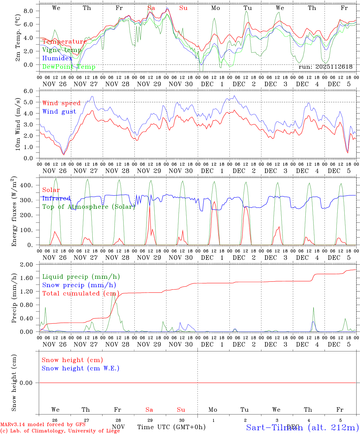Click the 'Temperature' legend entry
tap(64, 42)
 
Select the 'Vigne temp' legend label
tap(62, 50)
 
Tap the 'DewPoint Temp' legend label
tap(69, 67)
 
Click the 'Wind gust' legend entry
tap(59, 112)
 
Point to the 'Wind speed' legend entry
tap(62, 103)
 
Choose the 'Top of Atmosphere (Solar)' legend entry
tap(89, 207)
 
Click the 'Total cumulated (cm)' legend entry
tap(81, 293)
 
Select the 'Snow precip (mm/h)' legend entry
tap(79, 285)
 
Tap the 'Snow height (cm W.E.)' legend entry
tap(81, 368)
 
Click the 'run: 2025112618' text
tap(325, 67)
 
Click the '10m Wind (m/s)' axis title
tap(18, 124)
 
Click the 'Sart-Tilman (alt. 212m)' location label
tap(302, 427)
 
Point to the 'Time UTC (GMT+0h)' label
tap(171, 427)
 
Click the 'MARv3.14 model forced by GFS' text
tap(43, 424)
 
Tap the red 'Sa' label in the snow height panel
tap(149, 410)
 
